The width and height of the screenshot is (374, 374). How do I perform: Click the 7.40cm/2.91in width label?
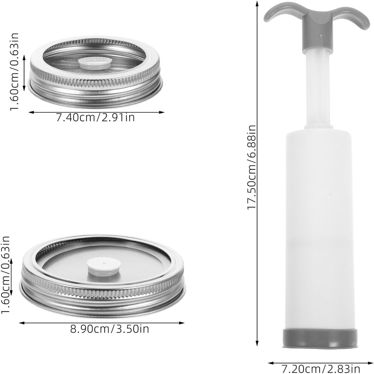(95, 118)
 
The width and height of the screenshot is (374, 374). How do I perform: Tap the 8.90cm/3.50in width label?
(110, 329)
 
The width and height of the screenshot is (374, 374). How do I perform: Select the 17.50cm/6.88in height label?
(252, 167)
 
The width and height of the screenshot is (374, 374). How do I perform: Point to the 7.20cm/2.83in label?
(321, 369)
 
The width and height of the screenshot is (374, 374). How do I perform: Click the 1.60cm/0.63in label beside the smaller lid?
(15, 72)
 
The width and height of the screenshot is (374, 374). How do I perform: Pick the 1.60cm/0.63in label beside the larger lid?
(5, 275)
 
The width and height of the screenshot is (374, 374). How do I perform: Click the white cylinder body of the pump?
(319, 226)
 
